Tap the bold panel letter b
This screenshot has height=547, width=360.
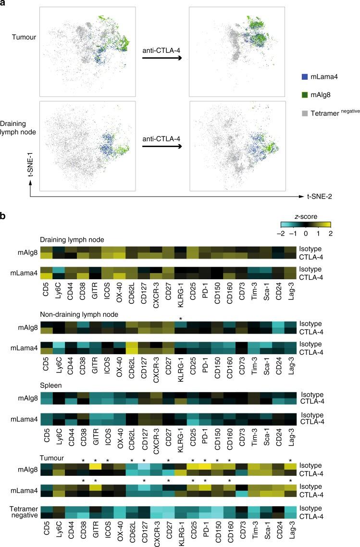pos(4,217)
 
